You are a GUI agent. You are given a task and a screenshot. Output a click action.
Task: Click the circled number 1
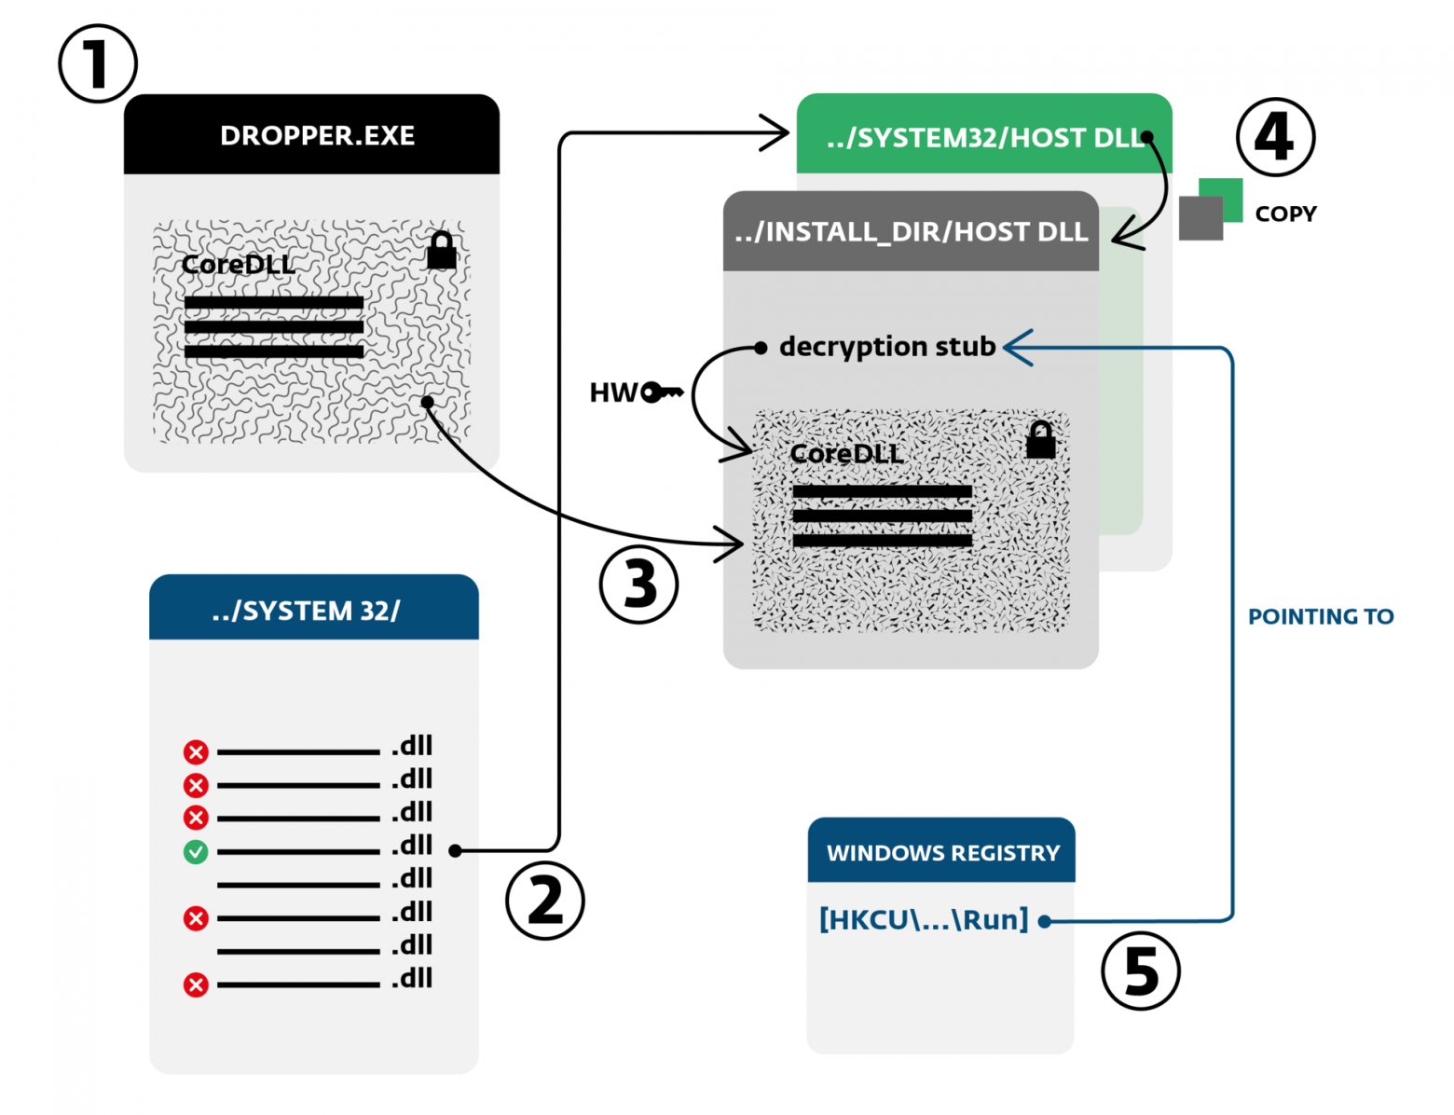pyautogui.click(x=98, y=63)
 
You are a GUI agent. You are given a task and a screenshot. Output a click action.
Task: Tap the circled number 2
pyautogui.click(x=545, y=901)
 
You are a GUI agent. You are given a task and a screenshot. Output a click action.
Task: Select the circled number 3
pyautogui.click(x=638, y=585)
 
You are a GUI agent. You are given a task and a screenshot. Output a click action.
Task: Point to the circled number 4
pyautogui.click(x=1275, y=137)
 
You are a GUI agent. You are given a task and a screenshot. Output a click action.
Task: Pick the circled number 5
pyautogui.click(x=1140, y=970)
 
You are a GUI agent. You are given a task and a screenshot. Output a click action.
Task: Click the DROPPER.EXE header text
pyautogui.click(x=317, y=136)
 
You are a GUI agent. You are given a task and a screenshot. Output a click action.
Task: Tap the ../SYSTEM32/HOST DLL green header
pyautogui.click(x=984, y=138)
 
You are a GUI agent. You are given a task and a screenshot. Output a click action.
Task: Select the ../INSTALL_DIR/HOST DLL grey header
pyautogui.click(x=911, y=232)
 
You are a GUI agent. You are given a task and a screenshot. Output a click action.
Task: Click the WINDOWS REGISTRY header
pyautogui.click(x=942, y=853)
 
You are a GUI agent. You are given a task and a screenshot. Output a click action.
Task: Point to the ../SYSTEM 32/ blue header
pyautogui.click(x=307, y=611)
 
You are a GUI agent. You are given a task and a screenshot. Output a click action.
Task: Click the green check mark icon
pyautogui.click(x=196, y=851)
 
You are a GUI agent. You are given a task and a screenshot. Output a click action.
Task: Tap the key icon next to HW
pyautogui.click(x=663, y=392)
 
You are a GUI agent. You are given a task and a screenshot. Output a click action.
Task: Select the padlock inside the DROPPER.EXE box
pyautogui.click(x=442, y=250)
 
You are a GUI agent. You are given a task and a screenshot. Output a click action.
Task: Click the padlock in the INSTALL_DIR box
pyautogui.click(x=1040, y=439)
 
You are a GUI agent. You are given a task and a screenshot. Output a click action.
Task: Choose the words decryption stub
pyautogui.click(x=887, y=347)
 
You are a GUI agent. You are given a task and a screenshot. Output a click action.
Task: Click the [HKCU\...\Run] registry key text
pyautogui.click(x=924, y=920)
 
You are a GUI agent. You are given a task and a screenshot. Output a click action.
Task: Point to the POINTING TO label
pyautogui.click(x=1321, y=616)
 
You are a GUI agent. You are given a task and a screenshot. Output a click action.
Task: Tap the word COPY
pyautogui.click(x=1285, y=213)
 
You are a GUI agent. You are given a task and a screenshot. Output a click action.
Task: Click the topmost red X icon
pyautogui.click(x=196, y=751)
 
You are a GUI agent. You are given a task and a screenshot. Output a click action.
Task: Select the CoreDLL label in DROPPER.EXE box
pyautogui.click(x=239, y=265)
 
